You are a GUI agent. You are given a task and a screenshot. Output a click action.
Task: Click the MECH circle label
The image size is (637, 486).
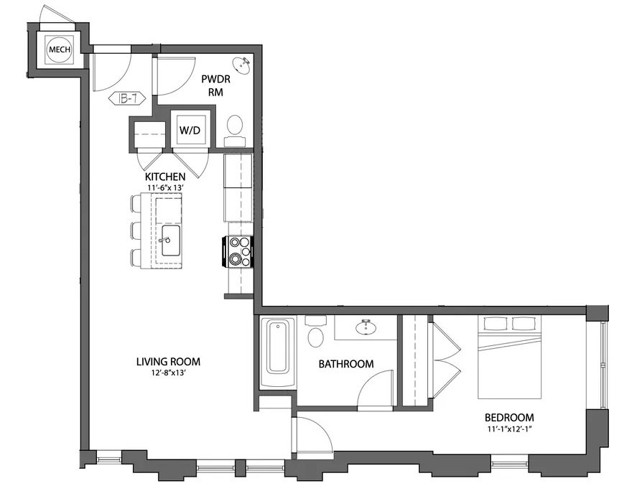57,50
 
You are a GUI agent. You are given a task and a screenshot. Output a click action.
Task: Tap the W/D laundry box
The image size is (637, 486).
189,131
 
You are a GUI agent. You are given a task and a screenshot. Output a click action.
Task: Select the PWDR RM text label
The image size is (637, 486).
213,87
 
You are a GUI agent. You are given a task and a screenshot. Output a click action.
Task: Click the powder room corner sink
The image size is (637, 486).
243,66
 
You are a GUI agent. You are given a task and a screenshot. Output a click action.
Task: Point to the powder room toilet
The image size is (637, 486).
235,126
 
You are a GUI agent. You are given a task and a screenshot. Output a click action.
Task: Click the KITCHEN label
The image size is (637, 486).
166,177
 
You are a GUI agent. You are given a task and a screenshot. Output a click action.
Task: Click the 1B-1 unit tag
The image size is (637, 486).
127,98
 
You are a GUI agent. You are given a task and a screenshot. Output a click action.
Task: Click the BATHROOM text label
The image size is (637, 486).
346,364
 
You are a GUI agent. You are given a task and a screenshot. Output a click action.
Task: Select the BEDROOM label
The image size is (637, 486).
509,418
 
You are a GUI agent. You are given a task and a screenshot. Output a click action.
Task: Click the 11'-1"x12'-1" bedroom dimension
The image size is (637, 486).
509,429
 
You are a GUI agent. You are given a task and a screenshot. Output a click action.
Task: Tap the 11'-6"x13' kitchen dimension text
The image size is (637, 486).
166,187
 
